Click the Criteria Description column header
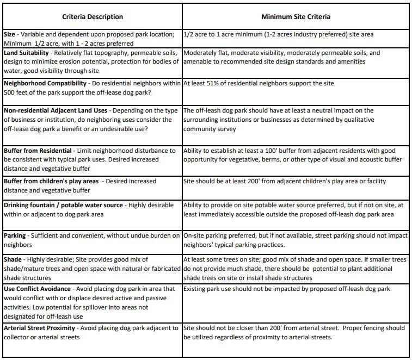93,17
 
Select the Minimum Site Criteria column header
296,17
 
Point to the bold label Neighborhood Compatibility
45,84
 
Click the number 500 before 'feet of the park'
10,92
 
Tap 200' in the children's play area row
249,181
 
